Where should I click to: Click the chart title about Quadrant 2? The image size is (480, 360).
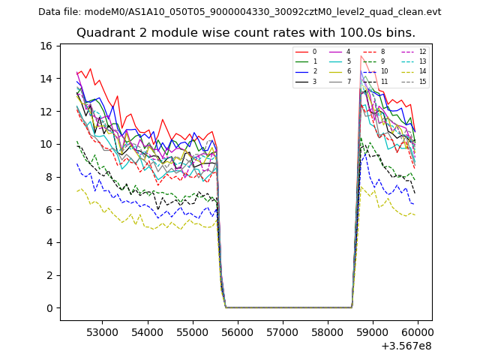246,33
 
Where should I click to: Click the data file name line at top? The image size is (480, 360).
240,12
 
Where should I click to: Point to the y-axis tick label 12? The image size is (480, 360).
46,112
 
